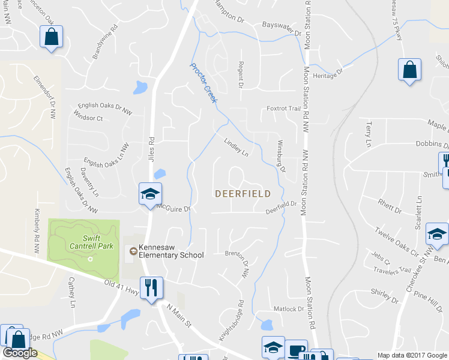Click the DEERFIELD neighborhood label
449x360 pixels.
pyautogui.click(x=243, y=194)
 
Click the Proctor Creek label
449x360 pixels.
pyautogui.click(x=203, y=83)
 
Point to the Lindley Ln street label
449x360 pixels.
pyautogui.click(x=236, y=147)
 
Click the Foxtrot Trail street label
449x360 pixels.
pyautogui.click(x=283, y=109)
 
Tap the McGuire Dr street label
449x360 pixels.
pyautogui.click(x=173, y=208)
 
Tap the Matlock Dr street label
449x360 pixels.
pyautogui.click(x=289, y=309)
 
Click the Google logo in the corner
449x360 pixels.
pyautogui.click(x=20, y=353)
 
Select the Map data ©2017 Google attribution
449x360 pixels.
pyautogui.click(x=412, y=355)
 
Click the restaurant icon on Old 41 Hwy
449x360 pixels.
pyautogui.click(x=150, y=287)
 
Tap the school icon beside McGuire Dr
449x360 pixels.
pyautogui.click(x=149, y=194)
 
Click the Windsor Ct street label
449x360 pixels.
pyautogui.click(x=88, y=118)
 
